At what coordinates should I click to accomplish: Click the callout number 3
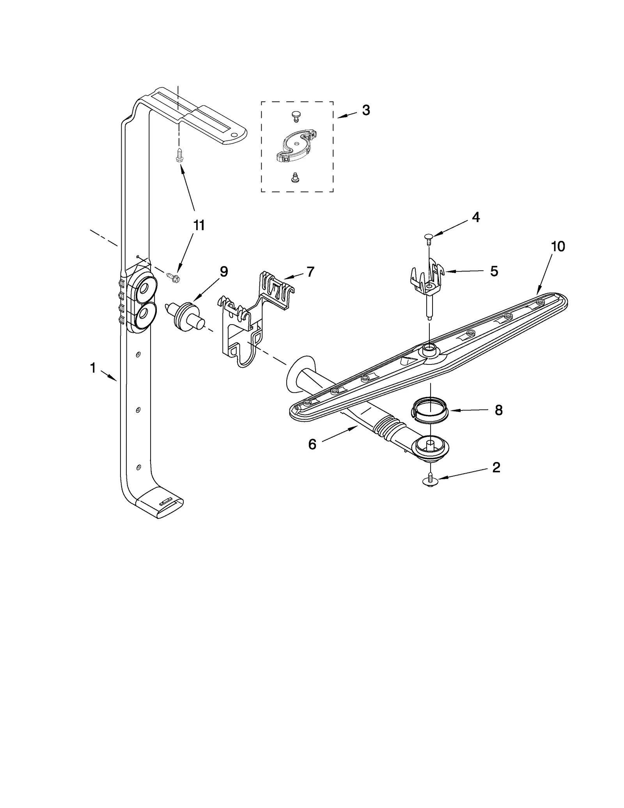365,110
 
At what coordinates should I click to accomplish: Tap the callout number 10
558,247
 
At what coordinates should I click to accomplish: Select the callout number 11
199,225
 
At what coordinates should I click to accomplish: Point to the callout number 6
312,444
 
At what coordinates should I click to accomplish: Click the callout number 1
93,368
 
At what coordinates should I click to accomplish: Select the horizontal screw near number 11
174,277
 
